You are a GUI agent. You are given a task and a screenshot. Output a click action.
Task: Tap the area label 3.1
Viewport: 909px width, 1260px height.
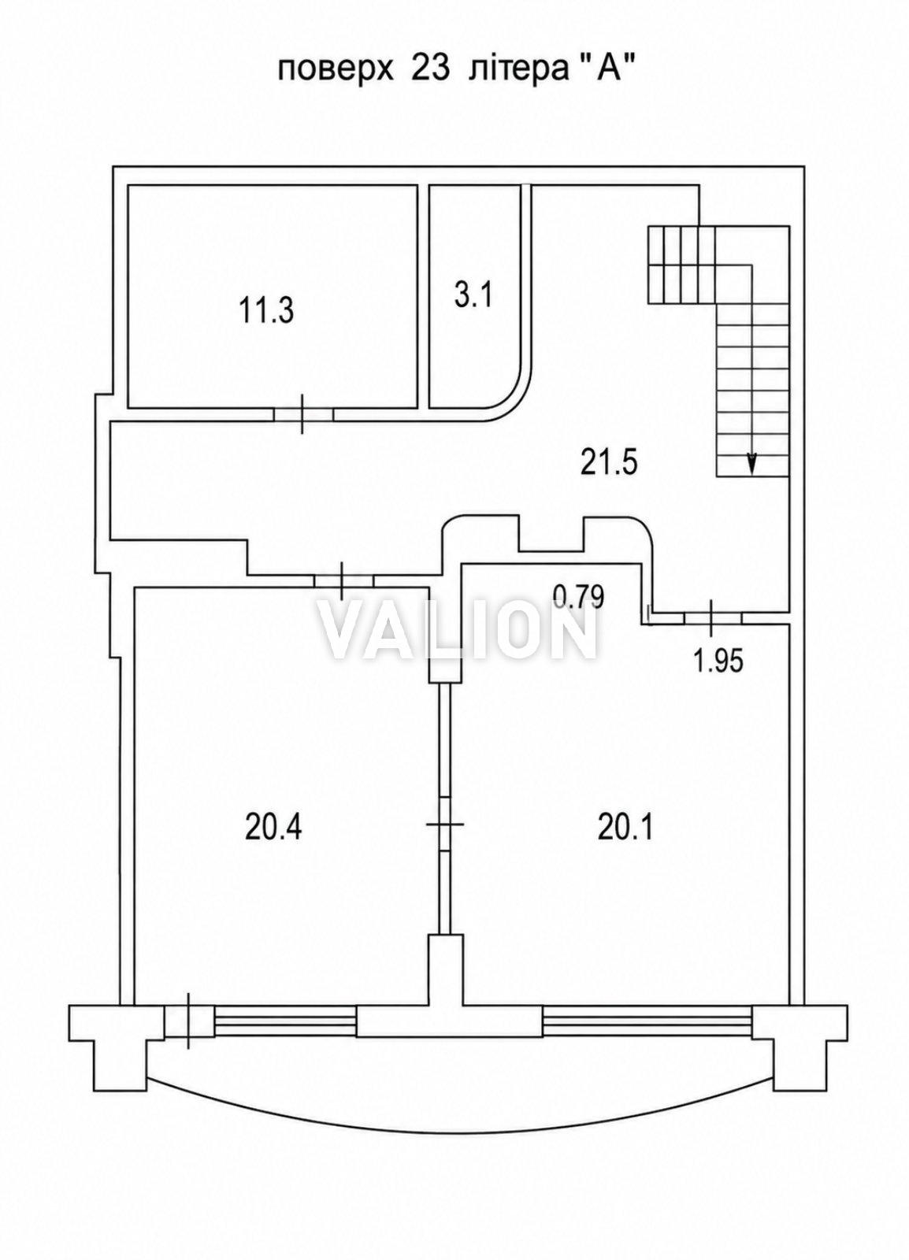tap(473, 295)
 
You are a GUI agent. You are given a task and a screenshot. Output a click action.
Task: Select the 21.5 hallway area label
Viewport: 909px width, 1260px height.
tap(610, 463)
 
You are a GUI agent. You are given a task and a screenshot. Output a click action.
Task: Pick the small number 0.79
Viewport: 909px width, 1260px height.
tap(580, 597)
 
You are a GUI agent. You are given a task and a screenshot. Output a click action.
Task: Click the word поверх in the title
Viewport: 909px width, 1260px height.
tap(336, 72)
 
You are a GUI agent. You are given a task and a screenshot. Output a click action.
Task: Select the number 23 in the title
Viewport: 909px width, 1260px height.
tap(431, 71)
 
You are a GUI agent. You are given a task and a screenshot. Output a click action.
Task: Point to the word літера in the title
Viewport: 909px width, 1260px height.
tap(518, 72)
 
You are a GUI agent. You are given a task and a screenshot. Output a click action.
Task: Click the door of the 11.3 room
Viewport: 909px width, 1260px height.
tap(303, 414)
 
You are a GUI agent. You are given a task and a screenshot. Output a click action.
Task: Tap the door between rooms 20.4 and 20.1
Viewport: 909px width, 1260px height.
tap(446, 824)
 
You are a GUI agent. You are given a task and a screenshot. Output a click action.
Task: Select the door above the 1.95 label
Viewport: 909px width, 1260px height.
tap(711, 618)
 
